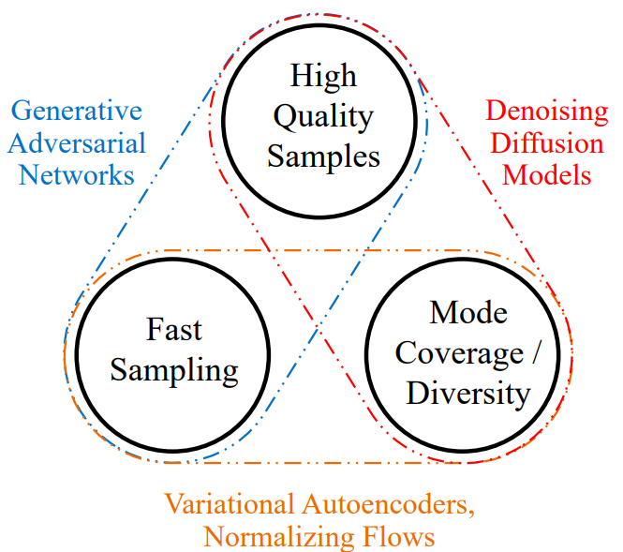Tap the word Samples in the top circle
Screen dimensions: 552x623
click(323, 156)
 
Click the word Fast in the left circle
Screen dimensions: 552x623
click(174, 330)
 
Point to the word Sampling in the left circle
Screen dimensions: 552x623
click(174, 369)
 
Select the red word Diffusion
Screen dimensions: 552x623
click(550, 143)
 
